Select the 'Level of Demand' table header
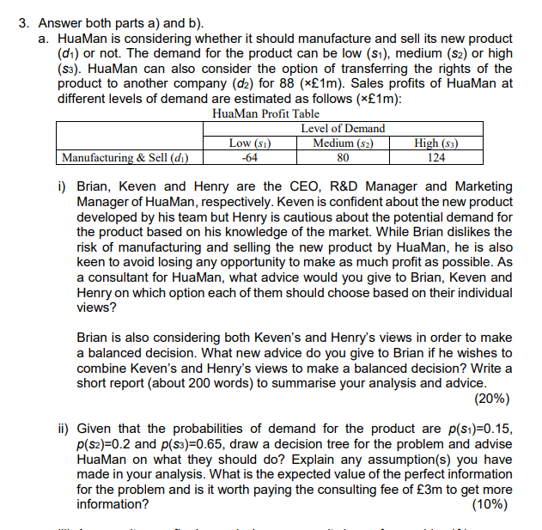(x=343, y=129)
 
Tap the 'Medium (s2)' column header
(x=343, y=143)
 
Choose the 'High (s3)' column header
(x=436, y=143)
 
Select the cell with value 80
(x=343, y=157)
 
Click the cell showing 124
(x=436, y=157)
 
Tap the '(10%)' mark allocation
(x=491, y=505)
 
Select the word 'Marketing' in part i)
(x=483, y=186)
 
